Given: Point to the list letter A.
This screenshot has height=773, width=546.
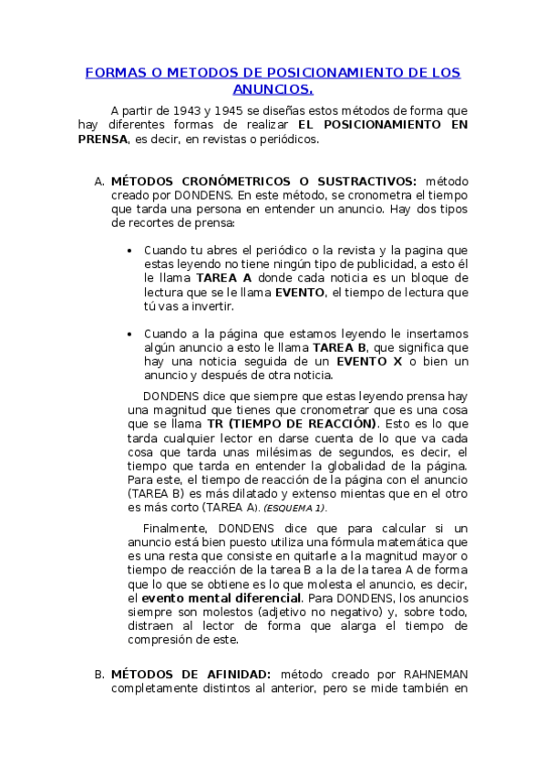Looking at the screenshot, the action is pyautogui.click(x=98, y=180).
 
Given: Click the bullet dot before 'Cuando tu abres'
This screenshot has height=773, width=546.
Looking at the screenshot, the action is pyautogui.click(x=133, y=250).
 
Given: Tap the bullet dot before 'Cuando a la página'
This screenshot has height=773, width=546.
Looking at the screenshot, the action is pyautogui.click(x=133, y=334).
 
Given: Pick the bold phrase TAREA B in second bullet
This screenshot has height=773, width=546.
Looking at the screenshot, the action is pyautogui.click(x=339, y=347).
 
